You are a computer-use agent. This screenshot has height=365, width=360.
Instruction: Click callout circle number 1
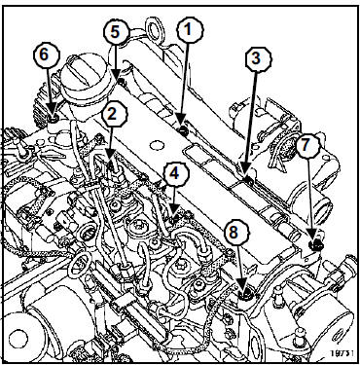[190, 30]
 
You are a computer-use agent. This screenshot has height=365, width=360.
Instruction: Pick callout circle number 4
[174, 175]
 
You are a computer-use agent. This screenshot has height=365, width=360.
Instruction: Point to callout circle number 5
[116, 32]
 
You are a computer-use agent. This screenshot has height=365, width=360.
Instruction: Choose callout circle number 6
[48, 55]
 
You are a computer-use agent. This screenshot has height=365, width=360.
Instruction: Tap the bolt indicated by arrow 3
[249, 179]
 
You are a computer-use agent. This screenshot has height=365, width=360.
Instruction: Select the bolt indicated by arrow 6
[53, 118]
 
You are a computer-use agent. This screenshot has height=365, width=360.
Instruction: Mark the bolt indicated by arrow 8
[244, 295]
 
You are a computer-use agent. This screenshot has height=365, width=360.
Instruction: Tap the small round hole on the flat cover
[157, 145]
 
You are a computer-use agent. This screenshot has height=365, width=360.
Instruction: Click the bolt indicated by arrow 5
[122, 81]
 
